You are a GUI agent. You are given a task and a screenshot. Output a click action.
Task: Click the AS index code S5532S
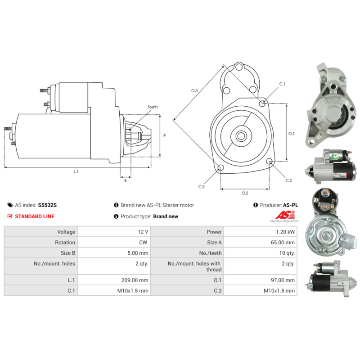tap(47, 205)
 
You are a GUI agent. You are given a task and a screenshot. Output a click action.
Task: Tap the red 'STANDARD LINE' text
tap(35, 216)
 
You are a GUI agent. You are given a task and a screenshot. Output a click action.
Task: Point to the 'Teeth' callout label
tap(153, 107)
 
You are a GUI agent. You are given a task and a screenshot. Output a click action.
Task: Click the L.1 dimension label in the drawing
tap(76, 171)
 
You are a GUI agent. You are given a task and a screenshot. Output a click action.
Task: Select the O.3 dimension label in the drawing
tap(194, 91)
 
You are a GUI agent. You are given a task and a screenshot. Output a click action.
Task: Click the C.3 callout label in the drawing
tap(201, 187)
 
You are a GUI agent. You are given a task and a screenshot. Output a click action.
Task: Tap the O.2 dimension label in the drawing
tap(245, 193)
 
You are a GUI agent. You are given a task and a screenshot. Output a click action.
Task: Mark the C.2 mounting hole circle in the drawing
tap(270, 162)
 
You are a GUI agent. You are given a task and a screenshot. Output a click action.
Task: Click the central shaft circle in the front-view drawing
tap(241, 135)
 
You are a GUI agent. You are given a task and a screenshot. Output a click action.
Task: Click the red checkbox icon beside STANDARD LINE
tap(10, 216)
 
